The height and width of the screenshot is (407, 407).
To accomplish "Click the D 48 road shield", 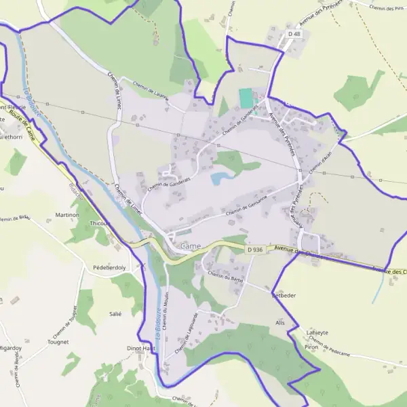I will click(x=294, y=33).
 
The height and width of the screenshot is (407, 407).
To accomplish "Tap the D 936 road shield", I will click(x=254, y=250).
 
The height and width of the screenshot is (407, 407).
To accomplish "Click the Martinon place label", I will click(x=67, y=215).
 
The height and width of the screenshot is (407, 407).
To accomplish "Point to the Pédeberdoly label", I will click(x=109, y=268).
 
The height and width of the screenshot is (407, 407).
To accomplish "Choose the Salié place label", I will click(x=115, y=314).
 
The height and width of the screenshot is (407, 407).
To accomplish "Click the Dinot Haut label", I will click(x=141, y=348).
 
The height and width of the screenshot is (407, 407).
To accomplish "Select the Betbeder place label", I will click(x=284, y=296).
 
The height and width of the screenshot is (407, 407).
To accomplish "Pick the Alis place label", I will click(x=280, y=322).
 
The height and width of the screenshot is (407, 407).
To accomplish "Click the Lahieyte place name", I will click(x=317, y=332).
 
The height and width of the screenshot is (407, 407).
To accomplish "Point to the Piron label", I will click(x=311, y=347).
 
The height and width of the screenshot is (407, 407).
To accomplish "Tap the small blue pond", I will click(x=220, y=178).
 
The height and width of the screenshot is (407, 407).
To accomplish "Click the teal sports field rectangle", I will click(x=246, y=98).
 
